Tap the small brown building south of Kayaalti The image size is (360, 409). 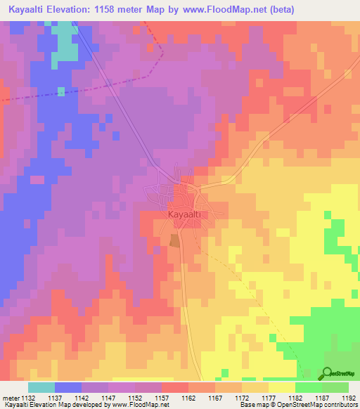point(174,240)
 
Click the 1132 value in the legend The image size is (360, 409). point(27,397)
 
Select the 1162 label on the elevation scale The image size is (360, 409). point(188,397)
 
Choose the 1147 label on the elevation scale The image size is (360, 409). point(108,397)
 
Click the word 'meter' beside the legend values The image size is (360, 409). point(11,397)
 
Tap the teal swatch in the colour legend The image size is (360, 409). point(41,387)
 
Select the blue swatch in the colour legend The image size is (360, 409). point(68,387)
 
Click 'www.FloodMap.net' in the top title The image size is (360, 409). point(221,9)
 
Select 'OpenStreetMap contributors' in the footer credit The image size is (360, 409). point(321,405)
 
